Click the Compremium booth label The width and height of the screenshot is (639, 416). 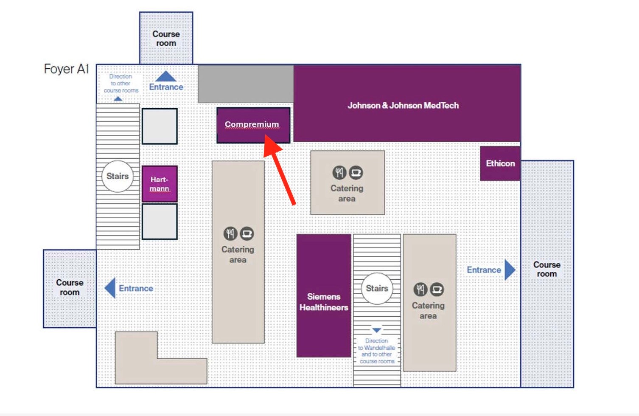252,124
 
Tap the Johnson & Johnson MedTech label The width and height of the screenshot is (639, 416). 403,105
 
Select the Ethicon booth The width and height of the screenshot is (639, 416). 500,163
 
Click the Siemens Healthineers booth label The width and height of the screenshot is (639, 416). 324,302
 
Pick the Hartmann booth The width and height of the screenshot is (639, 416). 160,184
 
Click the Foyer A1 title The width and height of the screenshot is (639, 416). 67,69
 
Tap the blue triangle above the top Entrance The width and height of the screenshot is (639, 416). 166,76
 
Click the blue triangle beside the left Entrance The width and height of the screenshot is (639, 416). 110,288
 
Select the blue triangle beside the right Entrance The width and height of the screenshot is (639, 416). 510,270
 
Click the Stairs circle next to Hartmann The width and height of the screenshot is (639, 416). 118,176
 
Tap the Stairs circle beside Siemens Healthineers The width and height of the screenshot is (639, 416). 377,289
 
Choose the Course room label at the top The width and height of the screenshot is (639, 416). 166,38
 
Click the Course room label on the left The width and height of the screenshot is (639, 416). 70,287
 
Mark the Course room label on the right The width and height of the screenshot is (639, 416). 547,269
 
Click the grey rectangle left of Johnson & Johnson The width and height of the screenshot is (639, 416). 246,84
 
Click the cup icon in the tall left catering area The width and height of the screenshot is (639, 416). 247,233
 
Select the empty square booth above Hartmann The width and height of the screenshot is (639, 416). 160,126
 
